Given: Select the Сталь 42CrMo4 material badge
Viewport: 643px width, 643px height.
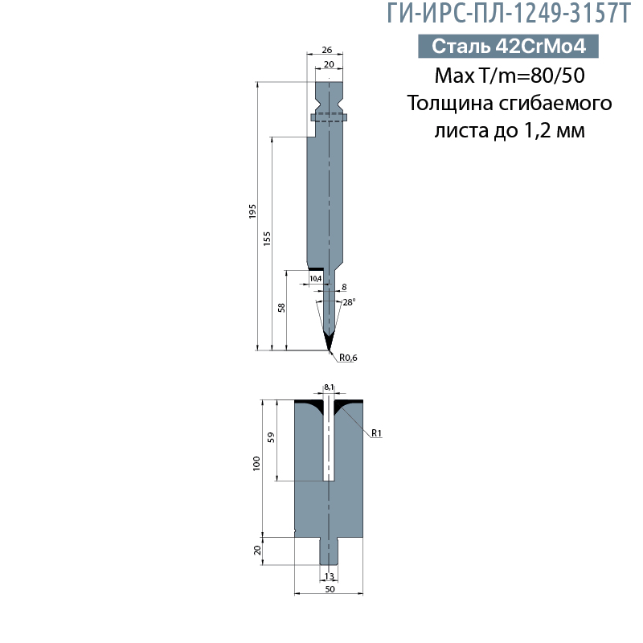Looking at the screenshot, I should coord(508,47).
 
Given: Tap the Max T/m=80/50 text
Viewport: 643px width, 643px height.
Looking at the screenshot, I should coord(509,76).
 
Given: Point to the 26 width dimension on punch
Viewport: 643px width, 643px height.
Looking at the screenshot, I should coord(327,48).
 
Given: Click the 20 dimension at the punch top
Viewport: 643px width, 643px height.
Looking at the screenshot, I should coord(328,63).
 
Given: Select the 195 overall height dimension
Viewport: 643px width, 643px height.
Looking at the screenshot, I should coord(252,212).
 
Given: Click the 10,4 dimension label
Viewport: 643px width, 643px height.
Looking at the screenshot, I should coord(315,278).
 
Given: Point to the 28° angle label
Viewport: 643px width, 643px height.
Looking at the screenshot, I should coord(349,302).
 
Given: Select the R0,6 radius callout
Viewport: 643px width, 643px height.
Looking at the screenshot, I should coord(347,358).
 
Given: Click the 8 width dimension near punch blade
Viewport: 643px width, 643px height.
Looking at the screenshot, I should coord(344,287).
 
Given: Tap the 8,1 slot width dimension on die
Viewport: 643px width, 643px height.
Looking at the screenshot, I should coord(329,387).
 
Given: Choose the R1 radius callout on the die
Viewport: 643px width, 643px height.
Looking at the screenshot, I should coord(376,434).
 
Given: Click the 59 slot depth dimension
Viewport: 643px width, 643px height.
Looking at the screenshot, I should coord(272,438).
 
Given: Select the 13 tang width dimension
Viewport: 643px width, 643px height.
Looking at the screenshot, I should coord(329,576).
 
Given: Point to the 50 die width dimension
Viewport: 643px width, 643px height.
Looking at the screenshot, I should coord(329,589).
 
